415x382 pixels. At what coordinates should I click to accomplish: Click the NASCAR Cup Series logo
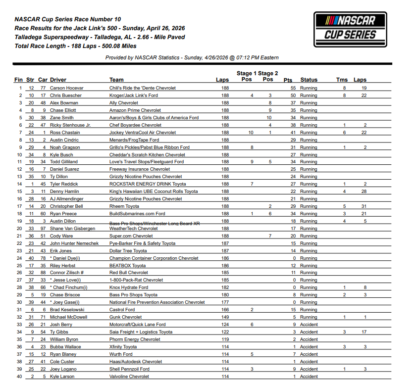click(x=350, y=29)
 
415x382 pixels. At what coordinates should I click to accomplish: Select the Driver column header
click(x=58, y=80)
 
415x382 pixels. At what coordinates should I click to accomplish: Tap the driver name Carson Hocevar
click(x=67, y=88)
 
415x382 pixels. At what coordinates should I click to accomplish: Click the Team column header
click(x=116, y=80)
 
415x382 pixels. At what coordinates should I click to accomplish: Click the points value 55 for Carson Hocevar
click(x=293, y=88)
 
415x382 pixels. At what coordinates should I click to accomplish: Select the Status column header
click(x=309, y=80)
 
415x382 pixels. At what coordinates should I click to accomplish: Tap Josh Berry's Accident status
click(x=309, y=325)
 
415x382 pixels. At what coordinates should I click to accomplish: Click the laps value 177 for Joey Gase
click(x=225, y=302)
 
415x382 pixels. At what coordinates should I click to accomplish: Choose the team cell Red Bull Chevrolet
click(x=129, y=273)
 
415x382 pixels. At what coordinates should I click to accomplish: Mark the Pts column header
click(x=288, y=80)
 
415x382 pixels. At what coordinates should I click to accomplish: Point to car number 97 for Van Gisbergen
click(x=43, y=229)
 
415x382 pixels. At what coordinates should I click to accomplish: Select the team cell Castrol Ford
click(x=122, y=310)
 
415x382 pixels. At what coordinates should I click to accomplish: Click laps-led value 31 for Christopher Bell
click(x=363, y=206)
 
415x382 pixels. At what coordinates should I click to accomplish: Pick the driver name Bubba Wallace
click(x=65, y=347)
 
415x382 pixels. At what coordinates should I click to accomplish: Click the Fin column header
click(x=18, y=80)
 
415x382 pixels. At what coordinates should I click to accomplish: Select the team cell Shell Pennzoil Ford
click(x=129, y=369)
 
